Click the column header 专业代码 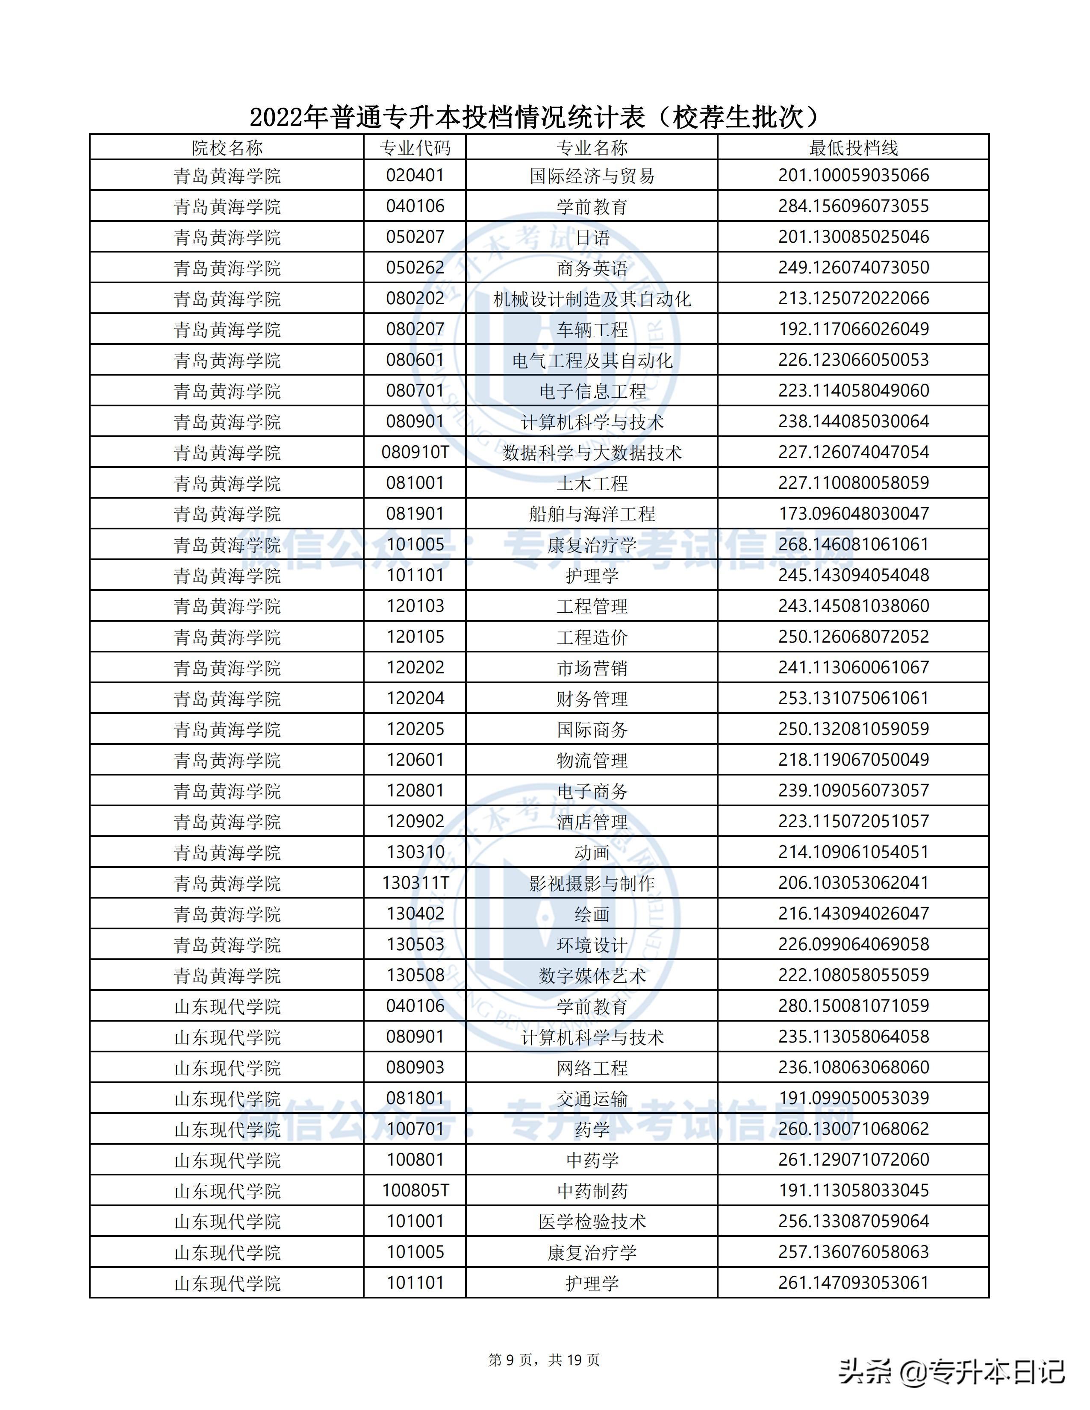[x=415, y=148]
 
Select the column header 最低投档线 [x=853, y=148]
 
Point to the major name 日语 [x=592, y=238]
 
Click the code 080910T [x=415, y=452]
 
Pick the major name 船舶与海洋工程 [x=592, y=514]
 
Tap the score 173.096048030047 [x=853, y=514]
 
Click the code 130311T [x=415, y=883]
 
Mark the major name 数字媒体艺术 [x=592, y=975]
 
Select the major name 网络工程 [x=592, y=1068]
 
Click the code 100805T [x=415, y=1190]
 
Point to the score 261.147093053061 [x=853, y=1283]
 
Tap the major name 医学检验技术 [x=592, y=1222]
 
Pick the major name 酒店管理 [x=592, y=822]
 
